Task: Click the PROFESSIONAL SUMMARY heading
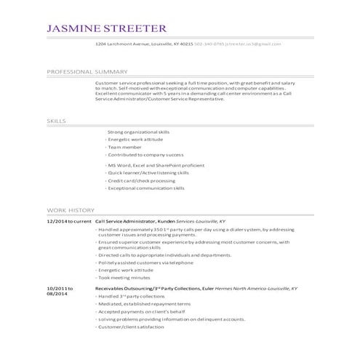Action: coord(87,72)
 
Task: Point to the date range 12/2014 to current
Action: coord(68,220)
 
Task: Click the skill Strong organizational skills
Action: coord(138,132)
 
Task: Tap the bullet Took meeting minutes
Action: coord(124,277)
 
